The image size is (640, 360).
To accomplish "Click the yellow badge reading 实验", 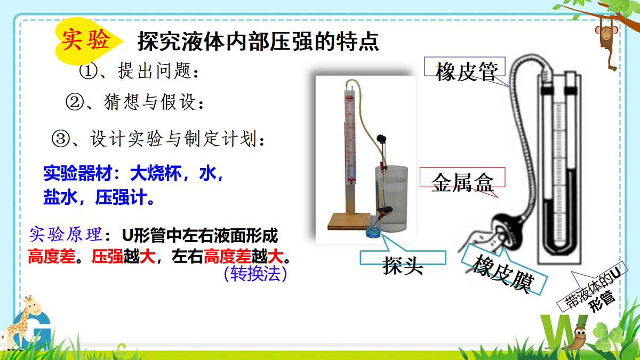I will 85,41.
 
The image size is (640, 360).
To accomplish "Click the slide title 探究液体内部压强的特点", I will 258,42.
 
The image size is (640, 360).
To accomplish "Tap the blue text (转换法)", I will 256,274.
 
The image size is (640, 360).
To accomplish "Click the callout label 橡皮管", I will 467,71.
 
